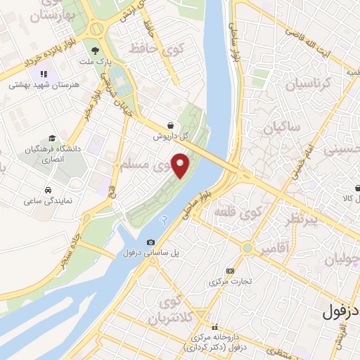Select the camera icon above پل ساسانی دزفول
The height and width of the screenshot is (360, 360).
tap(150, 243)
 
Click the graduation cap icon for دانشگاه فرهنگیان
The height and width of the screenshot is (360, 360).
tap(51, 139)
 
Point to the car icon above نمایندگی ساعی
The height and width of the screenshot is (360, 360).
tap(47, 191)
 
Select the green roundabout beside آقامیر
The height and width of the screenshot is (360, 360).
tap(247, 247)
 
